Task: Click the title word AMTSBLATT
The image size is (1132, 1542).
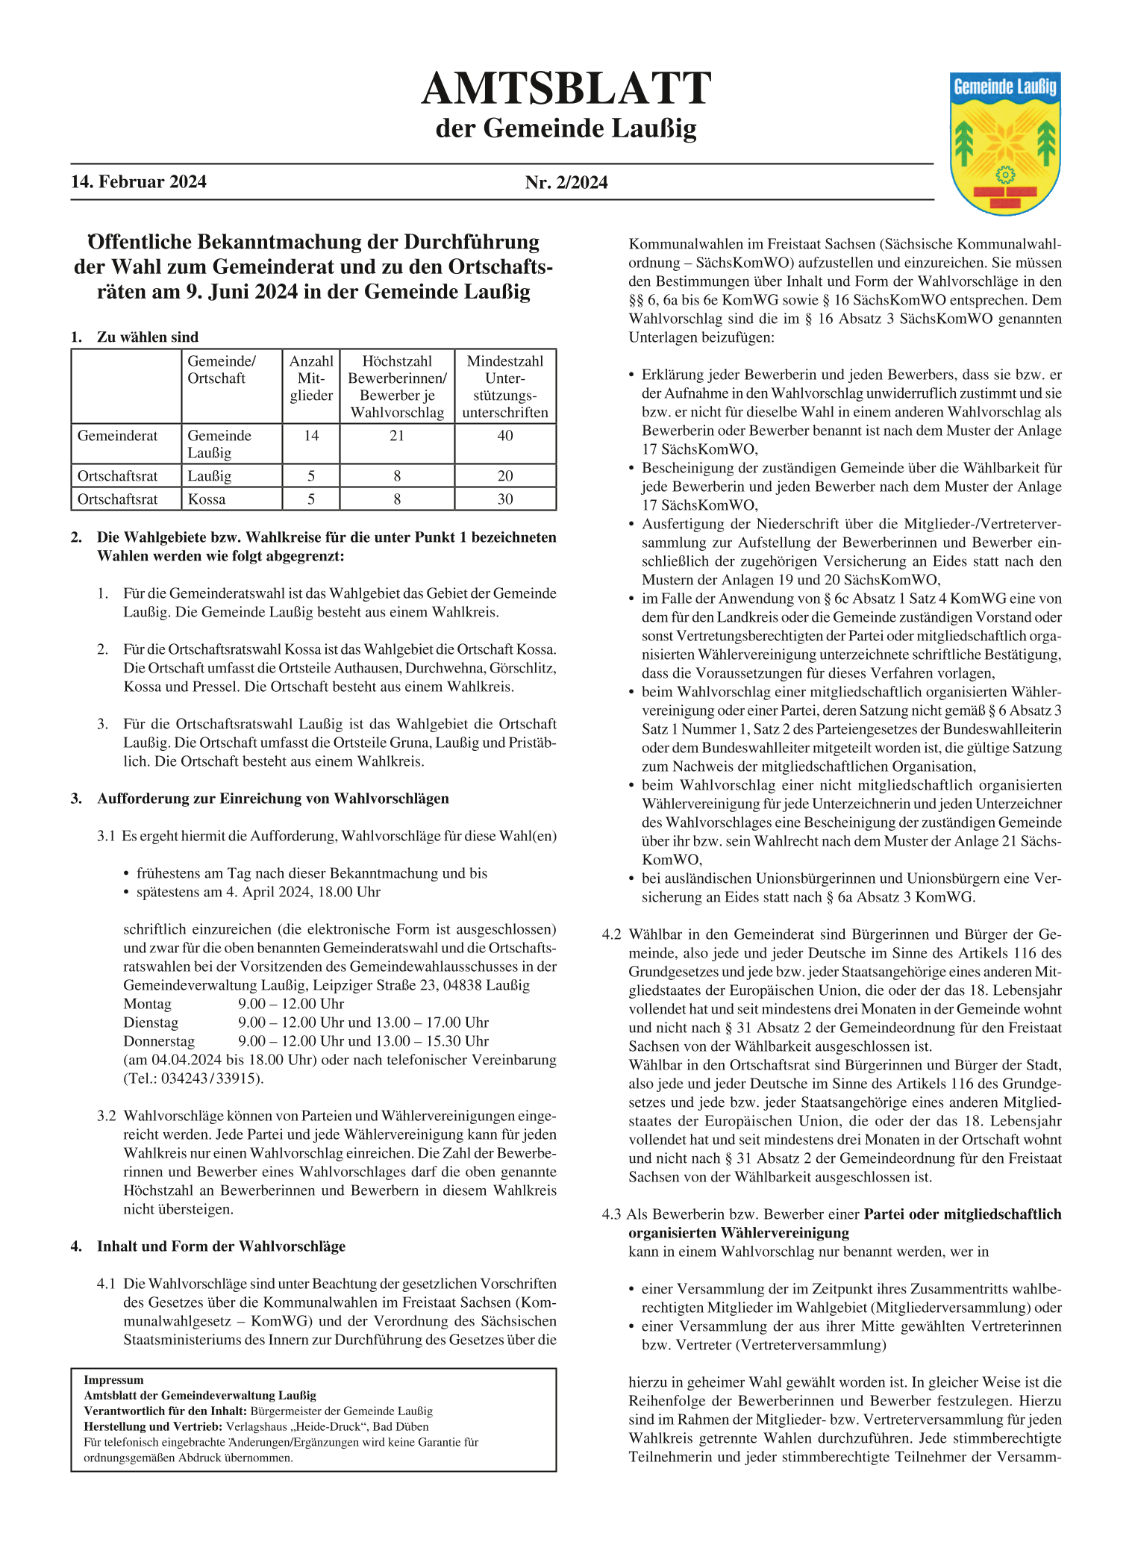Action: [566, 90]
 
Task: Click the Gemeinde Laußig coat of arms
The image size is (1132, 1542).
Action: [1005, 143]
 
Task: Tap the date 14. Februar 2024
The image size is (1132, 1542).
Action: [139, 182]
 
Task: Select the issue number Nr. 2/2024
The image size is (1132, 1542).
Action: [566, 182]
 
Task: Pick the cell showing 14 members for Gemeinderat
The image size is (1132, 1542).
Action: [311, 436]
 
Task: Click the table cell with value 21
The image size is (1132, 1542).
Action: [397, 436]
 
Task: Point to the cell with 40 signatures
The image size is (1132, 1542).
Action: [505, 436]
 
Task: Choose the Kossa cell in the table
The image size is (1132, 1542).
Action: [207, 499]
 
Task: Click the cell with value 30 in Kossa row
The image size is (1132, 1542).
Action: [505, 499]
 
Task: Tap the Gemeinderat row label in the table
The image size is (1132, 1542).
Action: [118, 436]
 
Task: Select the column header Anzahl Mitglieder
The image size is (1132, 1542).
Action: [311, 378]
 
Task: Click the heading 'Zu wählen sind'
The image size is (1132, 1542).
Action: [148, 337]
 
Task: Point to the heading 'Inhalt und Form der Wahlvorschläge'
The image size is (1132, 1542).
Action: [221, 1246]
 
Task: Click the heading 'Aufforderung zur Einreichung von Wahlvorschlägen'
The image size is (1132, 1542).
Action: [273, 799]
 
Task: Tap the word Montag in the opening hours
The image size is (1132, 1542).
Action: [148, 1004]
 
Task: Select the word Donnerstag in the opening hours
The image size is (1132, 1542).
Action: [159, 1041]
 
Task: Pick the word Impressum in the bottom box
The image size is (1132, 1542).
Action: [113, 1380]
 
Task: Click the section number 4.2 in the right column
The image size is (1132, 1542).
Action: [611, 934]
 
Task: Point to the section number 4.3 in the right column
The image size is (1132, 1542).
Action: [611, 1214]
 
